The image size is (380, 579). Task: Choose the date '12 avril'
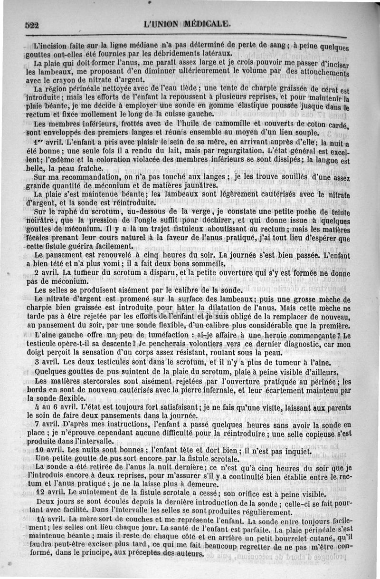click(x=50, y=493)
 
